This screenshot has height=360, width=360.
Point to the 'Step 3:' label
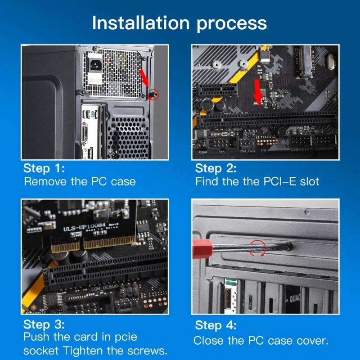pyautogui.click(x=44, y=324)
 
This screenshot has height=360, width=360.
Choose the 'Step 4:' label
pyautogui.click(x=216, y=325)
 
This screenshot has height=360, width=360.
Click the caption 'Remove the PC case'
pyautogui.click(x=80, y=182)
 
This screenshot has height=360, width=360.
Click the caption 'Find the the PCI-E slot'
pyautogui.click(x=257, y=182)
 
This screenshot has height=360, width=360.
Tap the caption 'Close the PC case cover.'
pyautogui.click(x=261, y=340)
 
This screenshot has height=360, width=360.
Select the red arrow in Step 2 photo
pyautogui.click(x=258, y=89)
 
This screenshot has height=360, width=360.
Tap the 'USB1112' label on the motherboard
pyautogui.click(x=300, y=149)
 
